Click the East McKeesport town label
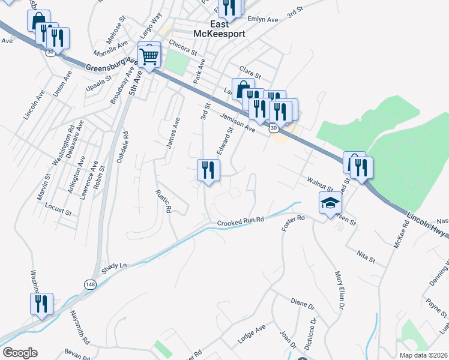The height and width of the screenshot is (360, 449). [x=219, y=29]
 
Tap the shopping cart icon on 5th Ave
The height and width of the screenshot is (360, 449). [x=149, y=56]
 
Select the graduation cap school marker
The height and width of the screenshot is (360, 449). [x=330, y=204]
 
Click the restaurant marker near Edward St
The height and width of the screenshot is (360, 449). [x=208, y=170]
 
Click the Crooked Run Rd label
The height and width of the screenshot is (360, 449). [x=241, y=222]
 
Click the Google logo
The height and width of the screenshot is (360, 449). [x=19, y=353]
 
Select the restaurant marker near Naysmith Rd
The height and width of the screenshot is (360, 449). [x=41, y=304]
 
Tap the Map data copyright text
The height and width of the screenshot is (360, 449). [x=422, y=355]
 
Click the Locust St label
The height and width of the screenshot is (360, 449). [x=58, y=212]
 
